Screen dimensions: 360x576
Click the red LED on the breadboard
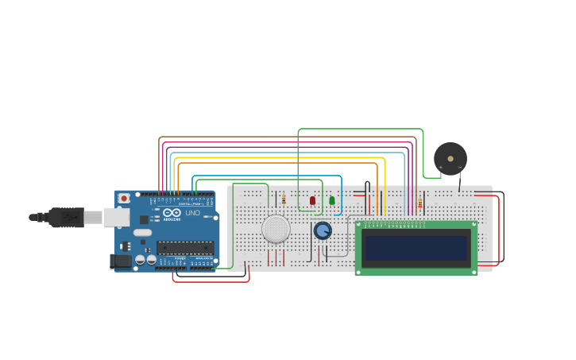(x=312, y=200)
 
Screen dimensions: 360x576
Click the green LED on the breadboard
(x=332, y=200)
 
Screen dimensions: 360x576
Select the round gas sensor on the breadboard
(x=276, y=229)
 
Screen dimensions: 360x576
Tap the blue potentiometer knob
(x=323, y=230)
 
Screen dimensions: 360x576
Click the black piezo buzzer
(x=450, y=159)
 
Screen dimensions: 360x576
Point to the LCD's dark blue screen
(x=416, y=248)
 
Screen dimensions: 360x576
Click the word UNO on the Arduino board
(x=192, y=213)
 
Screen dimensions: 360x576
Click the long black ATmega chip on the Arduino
(x=185, y=247)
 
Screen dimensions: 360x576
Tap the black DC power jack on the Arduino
(x=120, y=261)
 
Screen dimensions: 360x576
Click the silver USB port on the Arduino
(x=116, y=216)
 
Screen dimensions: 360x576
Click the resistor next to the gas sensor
(x=284, y=199)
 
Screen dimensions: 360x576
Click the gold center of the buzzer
(x=450, y=159)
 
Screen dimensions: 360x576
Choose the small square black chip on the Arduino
(x=144, y=219)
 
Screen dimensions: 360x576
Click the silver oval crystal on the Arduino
(x=142, y=233)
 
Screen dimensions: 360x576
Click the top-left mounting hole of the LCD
(x=359, y=226)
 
